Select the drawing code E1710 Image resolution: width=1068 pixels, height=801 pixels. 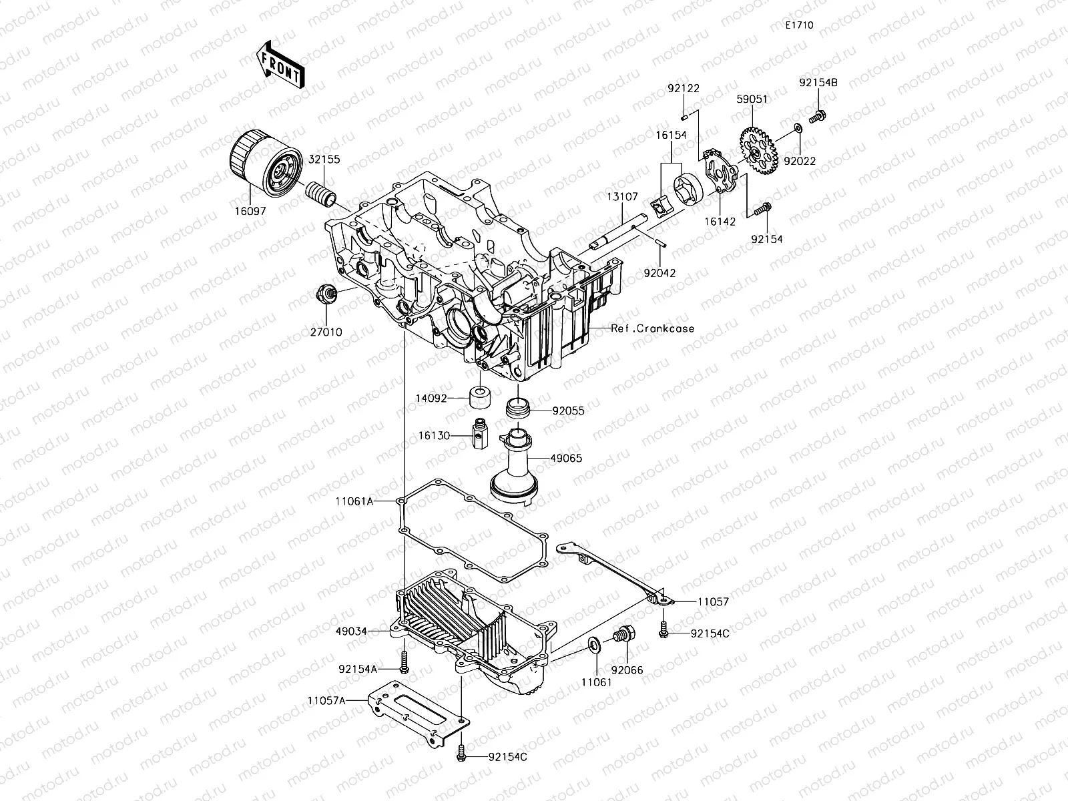click(798, 25)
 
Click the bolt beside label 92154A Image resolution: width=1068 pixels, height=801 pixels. click(405, 663)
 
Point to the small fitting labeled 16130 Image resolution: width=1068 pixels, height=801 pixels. click(479, 435)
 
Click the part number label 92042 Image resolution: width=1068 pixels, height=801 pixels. click(659, 272)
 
